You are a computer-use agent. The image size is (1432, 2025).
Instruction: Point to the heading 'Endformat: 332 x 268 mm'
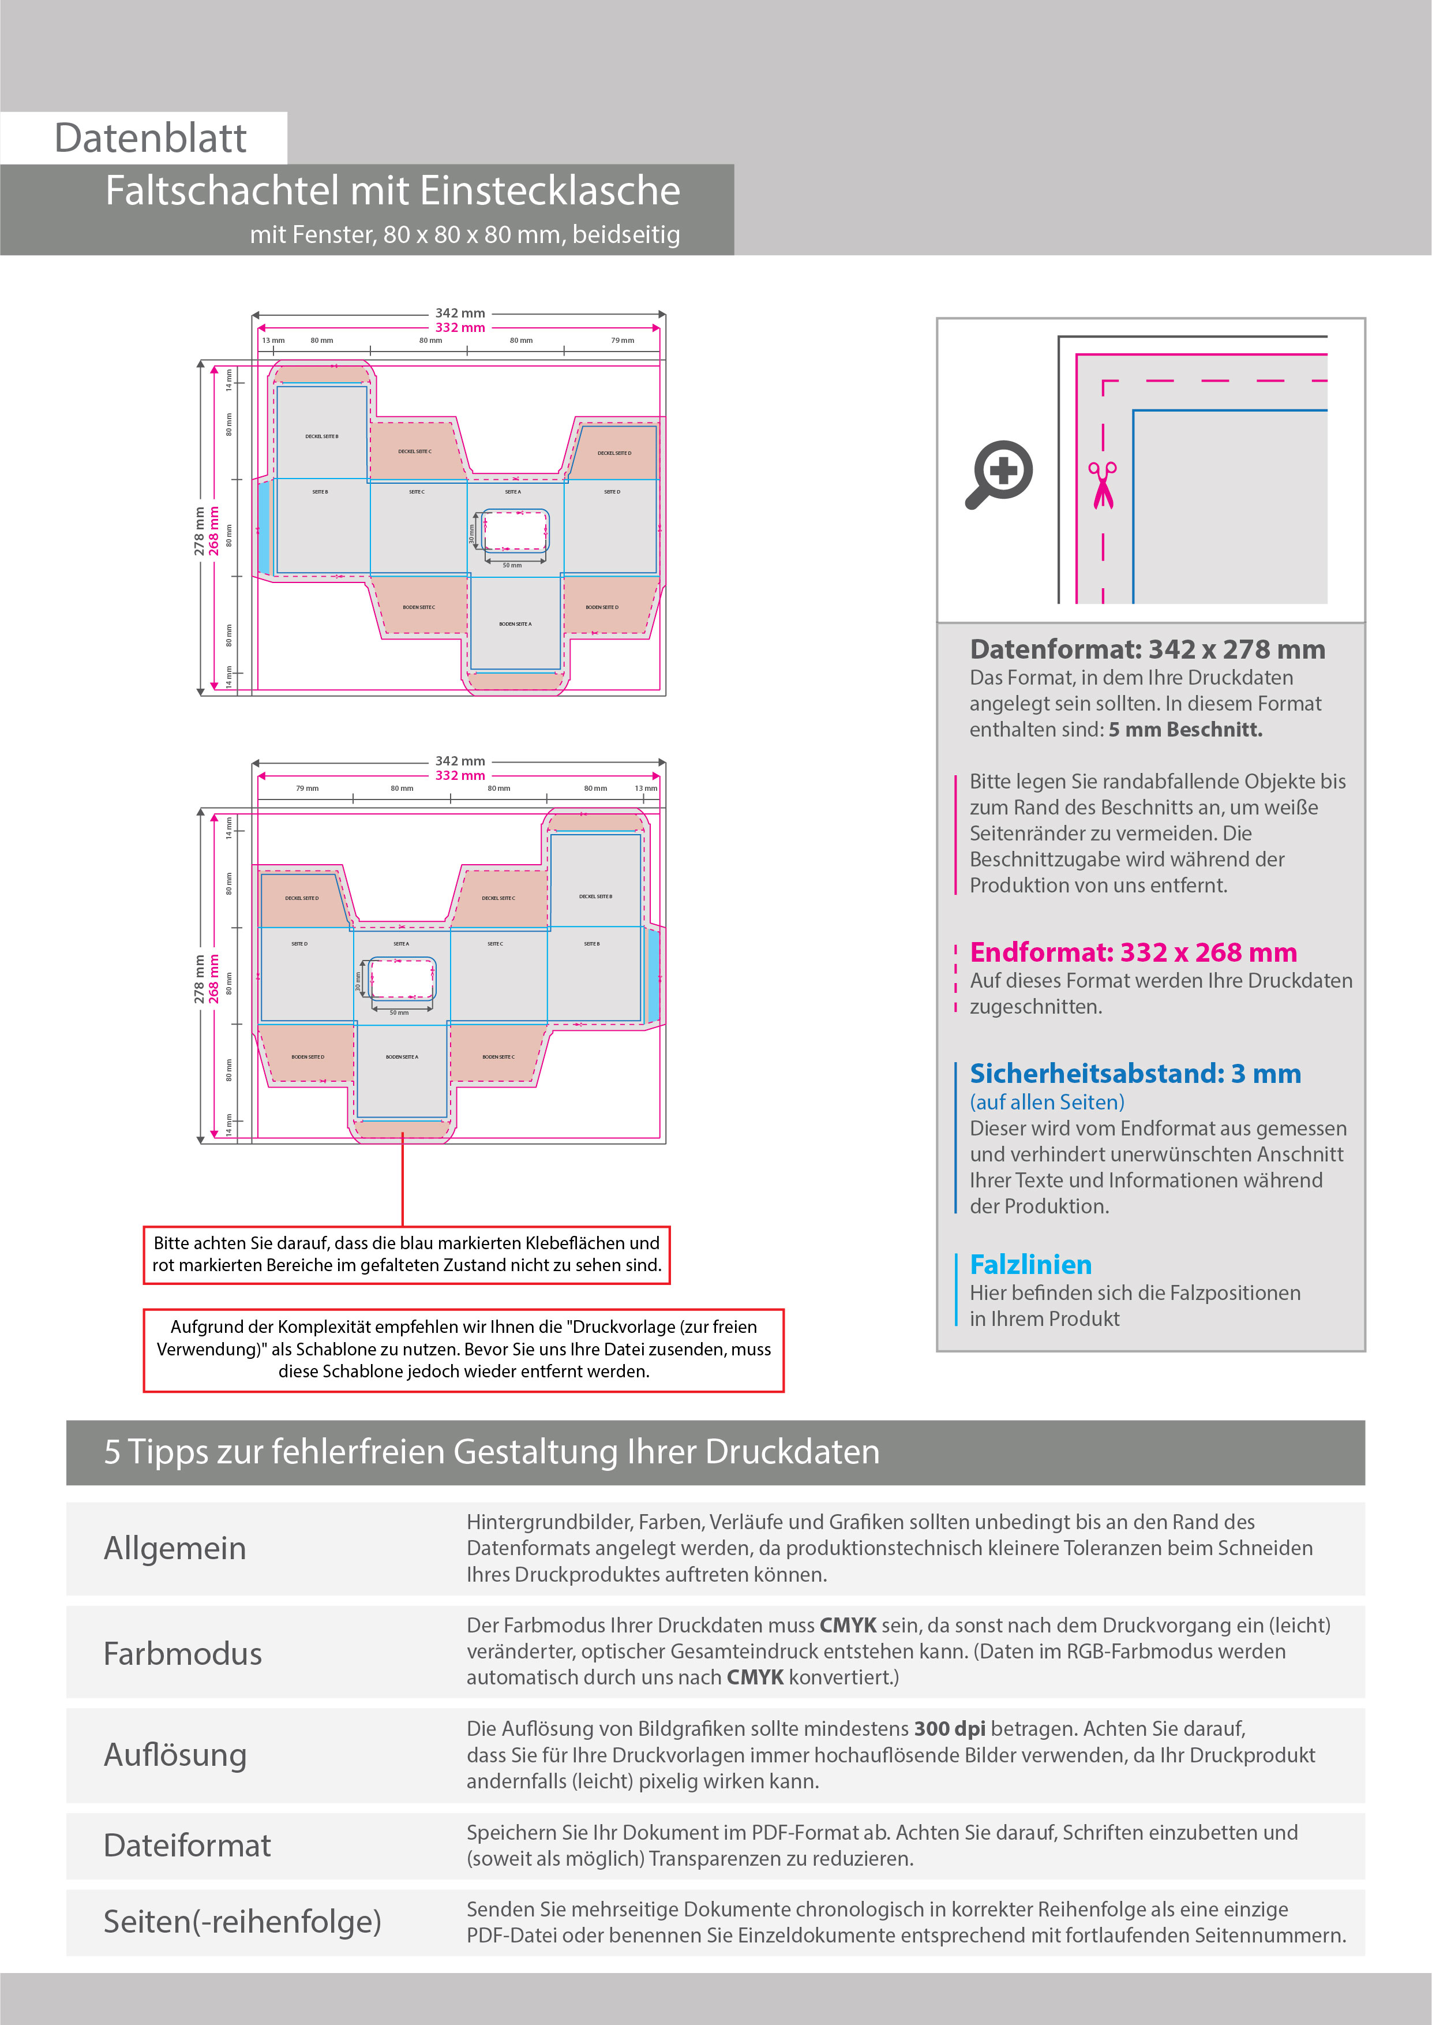[1133, 952]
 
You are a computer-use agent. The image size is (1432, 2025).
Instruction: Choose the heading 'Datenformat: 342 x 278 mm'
[1147, 649]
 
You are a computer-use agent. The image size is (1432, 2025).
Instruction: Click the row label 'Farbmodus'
[182, 1654]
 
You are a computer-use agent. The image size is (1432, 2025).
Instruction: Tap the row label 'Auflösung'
[175, 1755]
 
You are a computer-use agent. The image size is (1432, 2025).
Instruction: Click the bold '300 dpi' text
[950, 1729]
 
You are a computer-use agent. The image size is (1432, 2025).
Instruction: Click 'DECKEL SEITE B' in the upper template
[322, 436]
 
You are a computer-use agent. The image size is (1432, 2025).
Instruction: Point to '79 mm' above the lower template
[307, 789]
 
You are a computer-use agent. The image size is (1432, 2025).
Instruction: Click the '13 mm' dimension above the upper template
[272, 341]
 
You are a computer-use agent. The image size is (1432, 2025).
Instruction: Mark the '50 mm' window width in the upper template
[512, 565]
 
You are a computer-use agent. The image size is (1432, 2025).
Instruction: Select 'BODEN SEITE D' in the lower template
[308, 1056]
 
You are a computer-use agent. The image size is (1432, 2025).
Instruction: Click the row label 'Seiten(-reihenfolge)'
[242, 1921]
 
